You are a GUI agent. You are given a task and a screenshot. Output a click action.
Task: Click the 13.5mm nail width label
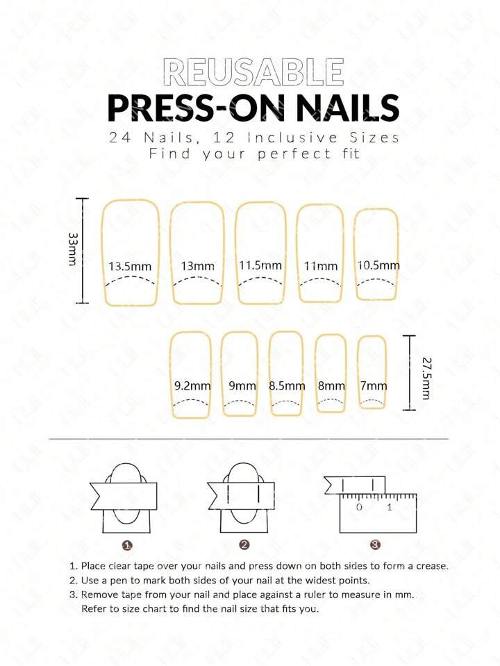[130, 266]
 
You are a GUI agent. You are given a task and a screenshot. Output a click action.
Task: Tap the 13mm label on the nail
[197, 266]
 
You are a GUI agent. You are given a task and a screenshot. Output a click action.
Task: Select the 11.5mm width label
[260, 265]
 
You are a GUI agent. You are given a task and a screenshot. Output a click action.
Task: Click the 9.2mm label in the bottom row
[192, 385]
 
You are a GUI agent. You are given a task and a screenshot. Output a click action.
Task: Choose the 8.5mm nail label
[287, 385]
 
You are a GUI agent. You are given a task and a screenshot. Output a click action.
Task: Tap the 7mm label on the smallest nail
[374, 385]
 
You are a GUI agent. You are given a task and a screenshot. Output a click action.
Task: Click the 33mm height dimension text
[73, 249]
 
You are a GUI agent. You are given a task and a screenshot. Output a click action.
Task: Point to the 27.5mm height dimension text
[426, 378]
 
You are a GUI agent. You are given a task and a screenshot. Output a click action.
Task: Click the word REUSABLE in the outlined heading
[253, 72]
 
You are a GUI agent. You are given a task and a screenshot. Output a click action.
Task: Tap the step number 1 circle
[127, 545]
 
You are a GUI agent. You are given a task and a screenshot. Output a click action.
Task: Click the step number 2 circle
[244, 545]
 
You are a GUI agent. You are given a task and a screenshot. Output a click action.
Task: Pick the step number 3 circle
[375, 544]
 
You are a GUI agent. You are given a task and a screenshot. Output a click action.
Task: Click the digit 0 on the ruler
[360, 507]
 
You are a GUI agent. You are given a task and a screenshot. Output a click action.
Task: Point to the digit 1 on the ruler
[390, 507]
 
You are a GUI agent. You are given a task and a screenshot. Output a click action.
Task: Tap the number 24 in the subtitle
[119, 138]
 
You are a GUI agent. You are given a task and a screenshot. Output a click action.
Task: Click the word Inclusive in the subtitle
[292, 138]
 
